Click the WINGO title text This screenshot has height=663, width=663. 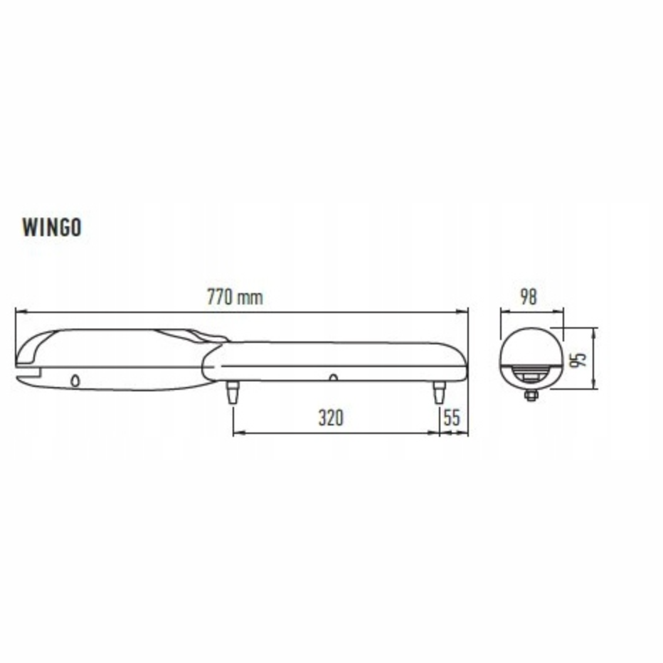pos(52,228)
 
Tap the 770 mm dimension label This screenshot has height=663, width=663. pos(235,297)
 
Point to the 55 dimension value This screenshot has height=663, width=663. pos(452,418)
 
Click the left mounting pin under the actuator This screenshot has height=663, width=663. pos(232,392)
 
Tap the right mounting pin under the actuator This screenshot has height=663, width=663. pos(439,392)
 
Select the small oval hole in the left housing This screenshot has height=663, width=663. pos(75,381)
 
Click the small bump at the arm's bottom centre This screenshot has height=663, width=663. pos(332,377)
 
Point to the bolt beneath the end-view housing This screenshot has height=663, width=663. pos(531,395)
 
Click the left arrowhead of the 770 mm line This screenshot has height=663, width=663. pos(18,312)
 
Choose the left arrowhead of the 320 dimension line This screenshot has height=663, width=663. pos(237,433)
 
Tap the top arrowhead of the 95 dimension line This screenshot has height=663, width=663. pos(595,331)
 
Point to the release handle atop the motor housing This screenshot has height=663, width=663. pos(196,334)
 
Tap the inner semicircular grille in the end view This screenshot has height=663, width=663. pos(531,373)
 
